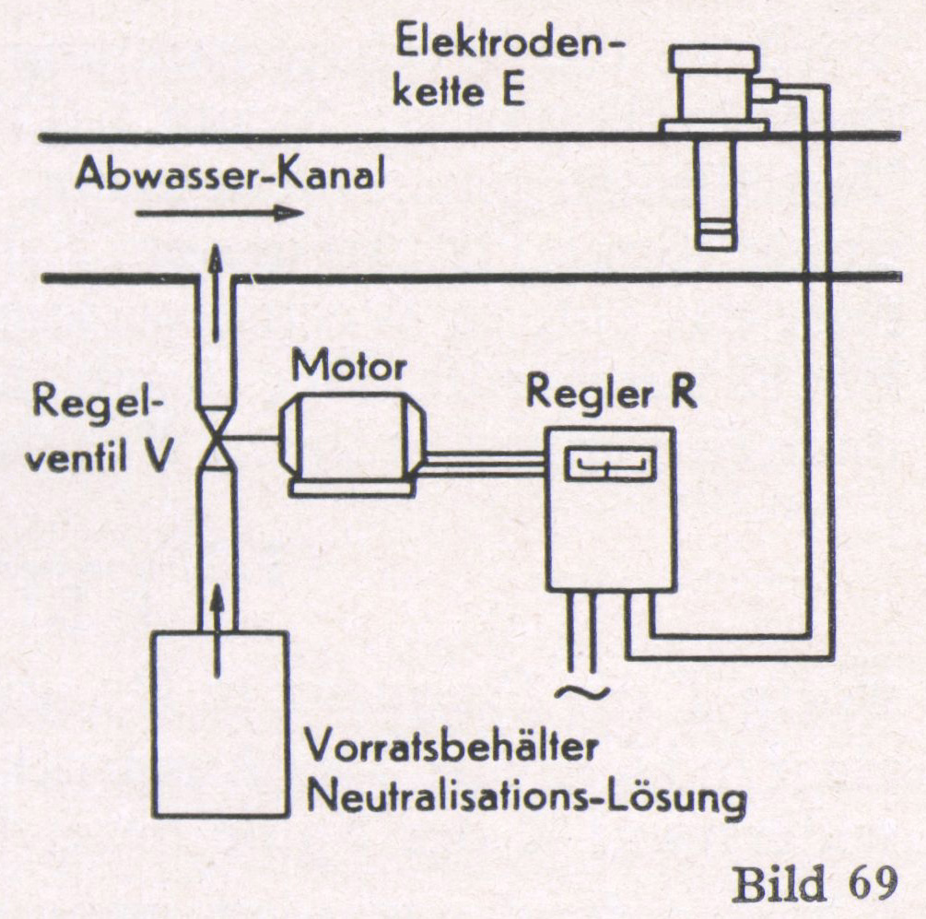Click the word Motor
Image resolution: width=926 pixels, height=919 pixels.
348,367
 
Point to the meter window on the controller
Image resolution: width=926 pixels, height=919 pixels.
609,464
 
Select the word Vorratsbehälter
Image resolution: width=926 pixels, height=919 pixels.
454,748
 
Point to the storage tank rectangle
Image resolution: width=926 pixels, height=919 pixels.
219,737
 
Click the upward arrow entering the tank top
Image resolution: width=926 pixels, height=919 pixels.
217,636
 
